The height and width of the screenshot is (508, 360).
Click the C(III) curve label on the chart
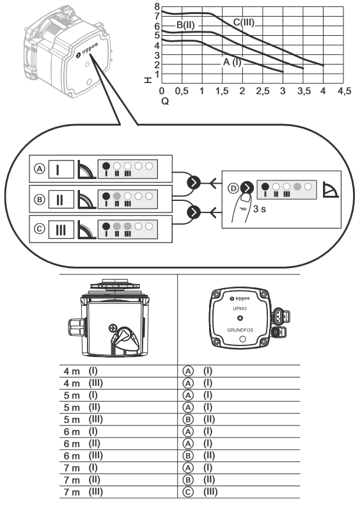tap(244, 22)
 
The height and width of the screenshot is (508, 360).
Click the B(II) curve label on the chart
tap(185, 25)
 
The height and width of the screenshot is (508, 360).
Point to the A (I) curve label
tap(232, 62)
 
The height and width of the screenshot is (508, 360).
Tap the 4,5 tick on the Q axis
tap(344, 91)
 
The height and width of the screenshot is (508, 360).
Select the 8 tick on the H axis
tap(157, 6)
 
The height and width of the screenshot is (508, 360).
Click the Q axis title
tap(165, 101)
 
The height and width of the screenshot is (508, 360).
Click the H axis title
tap(148, 80)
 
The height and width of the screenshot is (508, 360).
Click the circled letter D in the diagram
tap(233, 189)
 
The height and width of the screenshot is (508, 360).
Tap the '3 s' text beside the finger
tap(260, 209)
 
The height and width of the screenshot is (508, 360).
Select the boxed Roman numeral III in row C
tap(61, 230)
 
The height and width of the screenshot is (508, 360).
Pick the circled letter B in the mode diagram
tap(40, 199)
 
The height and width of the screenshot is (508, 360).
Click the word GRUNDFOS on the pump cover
tap(240, 330)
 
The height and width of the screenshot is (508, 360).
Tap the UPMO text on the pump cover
tap(240, 308)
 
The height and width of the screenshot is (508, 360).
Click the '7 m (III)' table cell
tap(83, 492)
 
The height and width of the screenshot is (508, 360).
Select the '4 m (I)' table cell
tap(81, 371)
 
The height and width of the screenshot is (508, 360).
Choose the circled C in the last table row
tap(188, 492)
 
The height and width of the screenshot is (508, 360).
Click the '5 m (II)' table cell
tap(82, 408)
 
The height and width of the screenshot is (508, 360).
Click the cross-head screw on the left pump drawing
tap(113, 328)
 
